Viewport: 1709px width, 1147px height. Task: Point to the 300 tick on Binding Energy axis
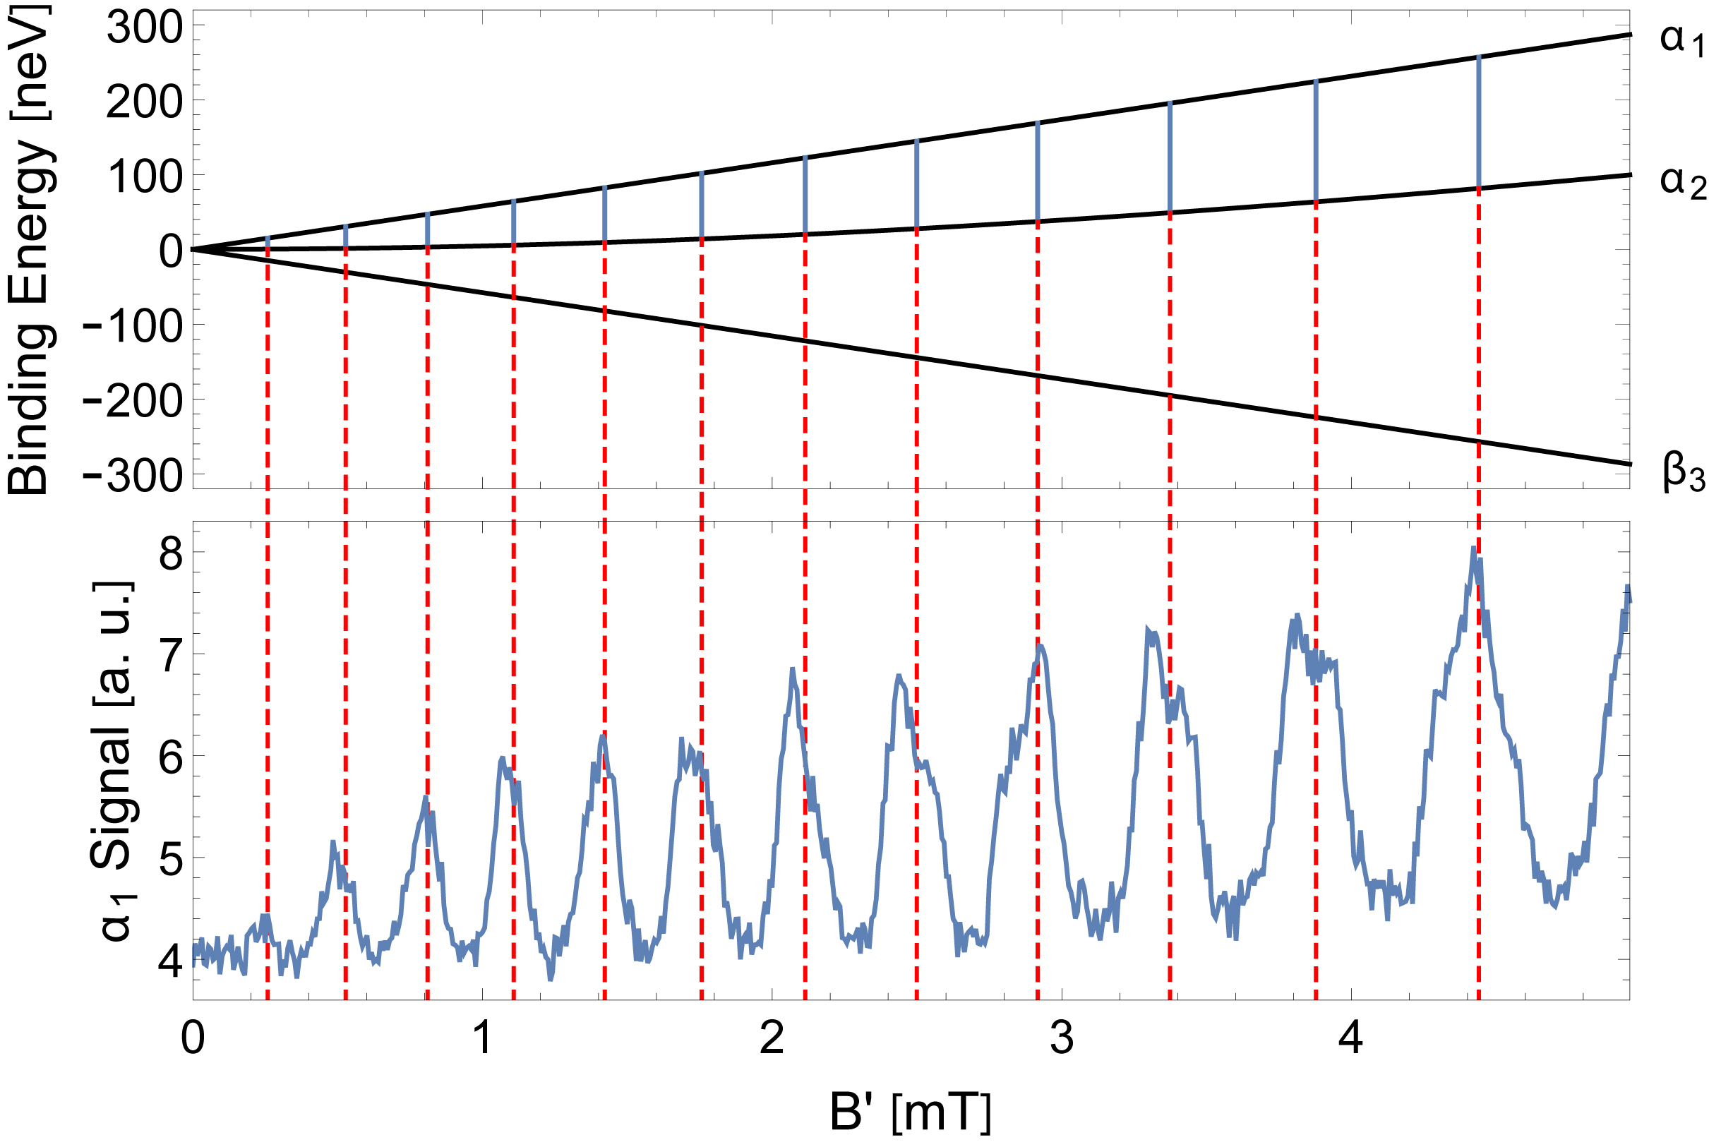[x=144, y=30]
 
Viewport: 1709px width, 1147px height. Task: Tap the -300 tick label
[x=133, y=476]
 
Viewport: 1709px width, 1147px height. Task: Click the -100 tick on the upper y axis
[x=133, y=327]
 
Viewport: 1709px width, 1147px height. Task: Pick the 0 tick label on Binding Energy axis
[x=170, y=252]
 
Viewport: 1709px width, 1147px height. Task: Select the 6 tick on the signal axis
[x=169, y=758]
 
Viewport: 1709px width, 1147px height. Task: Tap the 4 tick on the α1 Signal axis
[x=169, y=961]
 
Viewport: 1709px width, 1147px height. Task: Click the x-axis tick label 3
[x=1062, y=1038]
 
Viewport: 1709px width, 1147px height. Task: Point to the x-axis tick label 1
[x=482, y=1038]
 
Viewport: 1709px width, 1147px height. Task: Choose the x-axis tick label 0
[x=193, y=1038]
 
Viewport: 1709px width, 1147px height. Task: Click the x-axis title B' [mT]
[x=910, y=1112]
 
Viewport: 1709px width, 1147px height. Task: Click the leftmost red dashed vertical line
[x=268, y=622]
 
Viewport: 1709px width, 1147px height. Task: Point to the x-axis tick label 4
[x=1350, y=1038]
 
